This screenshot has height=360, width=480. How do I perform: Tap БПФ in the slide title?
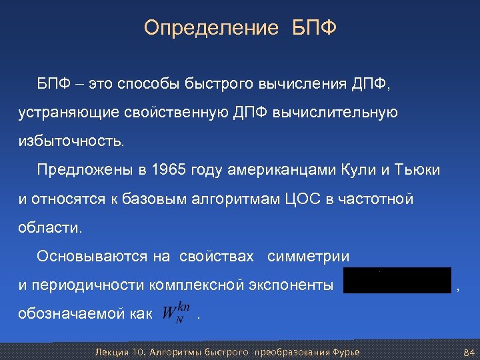point(315,28)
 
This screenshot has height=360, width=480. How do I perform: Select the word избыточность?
point(71,141)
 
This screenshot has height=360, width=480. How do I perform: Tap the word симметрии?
point(309,256)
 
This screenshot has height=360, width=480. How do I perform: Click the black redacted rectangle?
point(397,280)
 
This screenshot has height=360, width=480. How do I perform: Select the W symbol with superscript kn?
point(177,313)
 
